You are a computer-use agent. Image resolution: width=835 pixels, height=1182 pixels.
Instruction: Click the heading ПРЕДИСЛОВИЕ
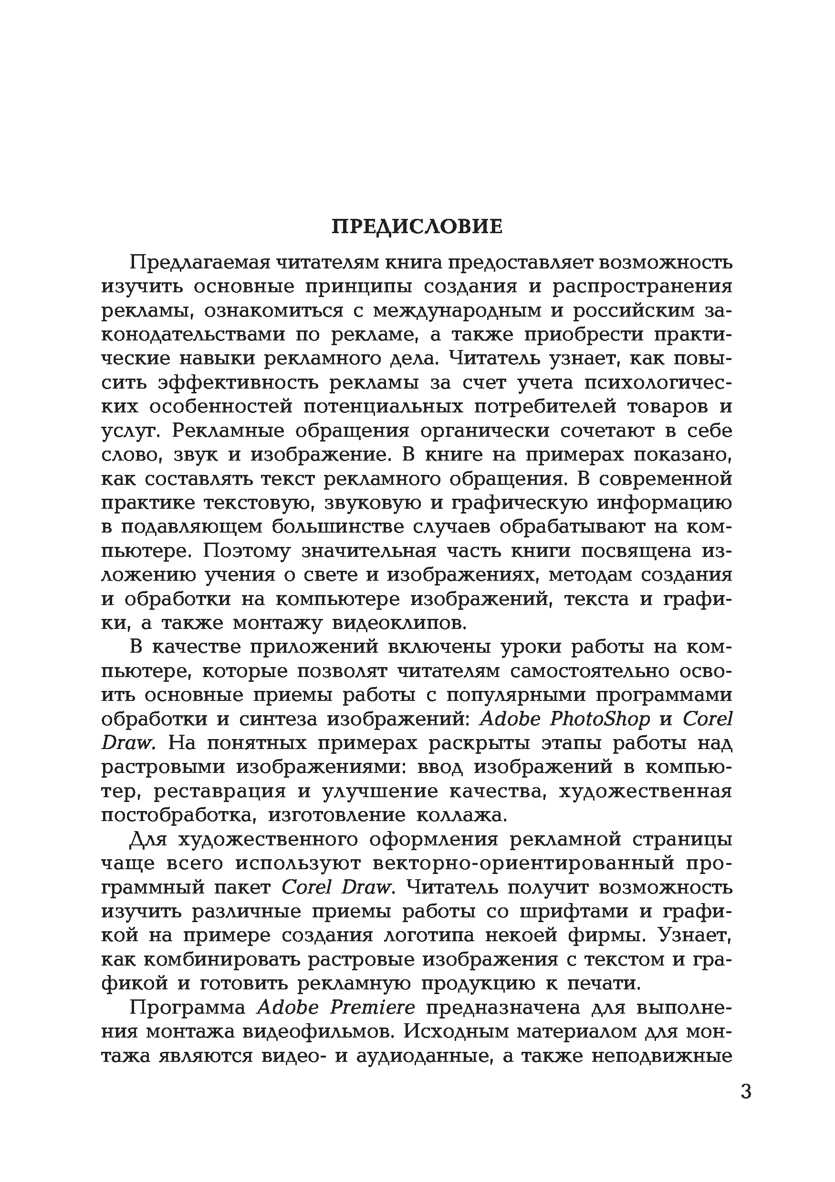point(417,227)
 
